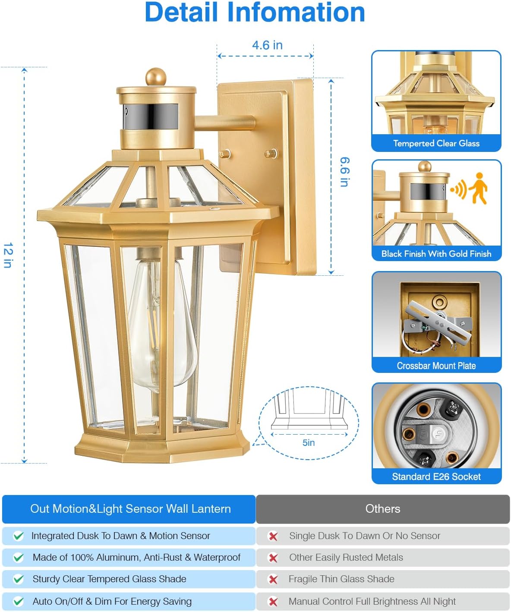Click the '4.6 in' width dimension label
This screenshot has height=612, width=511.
[267, 45]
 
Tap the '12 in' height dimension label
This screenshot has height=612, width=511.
[8, 255]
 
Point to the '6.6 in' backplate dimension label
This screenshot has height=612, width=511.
[344, 172]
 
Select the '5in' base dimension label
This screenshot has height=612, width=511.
[308, 443]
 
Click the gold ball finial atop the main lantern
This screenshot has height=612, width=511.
[156, 77]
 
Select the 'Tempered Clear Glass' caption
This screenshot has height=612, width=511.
[436, 143]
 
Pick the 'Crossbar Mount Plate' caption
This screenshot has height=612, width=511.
[436, 366]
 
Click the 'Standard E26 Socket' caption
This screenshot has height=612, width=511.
[436, 476]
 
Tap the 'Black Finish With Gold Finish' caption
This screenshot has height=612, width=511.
[436, 254]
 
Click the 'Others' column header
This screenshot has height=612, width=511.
[382, 509]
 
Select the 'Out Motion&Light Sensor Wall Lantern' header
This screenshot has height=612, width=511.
[130, 509]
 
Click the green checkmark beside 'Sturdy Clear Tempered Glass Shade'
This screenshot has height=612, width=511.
[19, 579]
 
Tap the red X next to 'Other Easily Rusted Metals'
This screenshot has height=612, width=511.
[273, 558]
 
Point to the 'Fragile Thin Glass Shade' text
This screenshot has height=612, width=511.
[341, 579]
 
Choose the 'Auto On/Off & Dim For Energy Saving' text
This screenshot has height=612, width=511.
[112, 601]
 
